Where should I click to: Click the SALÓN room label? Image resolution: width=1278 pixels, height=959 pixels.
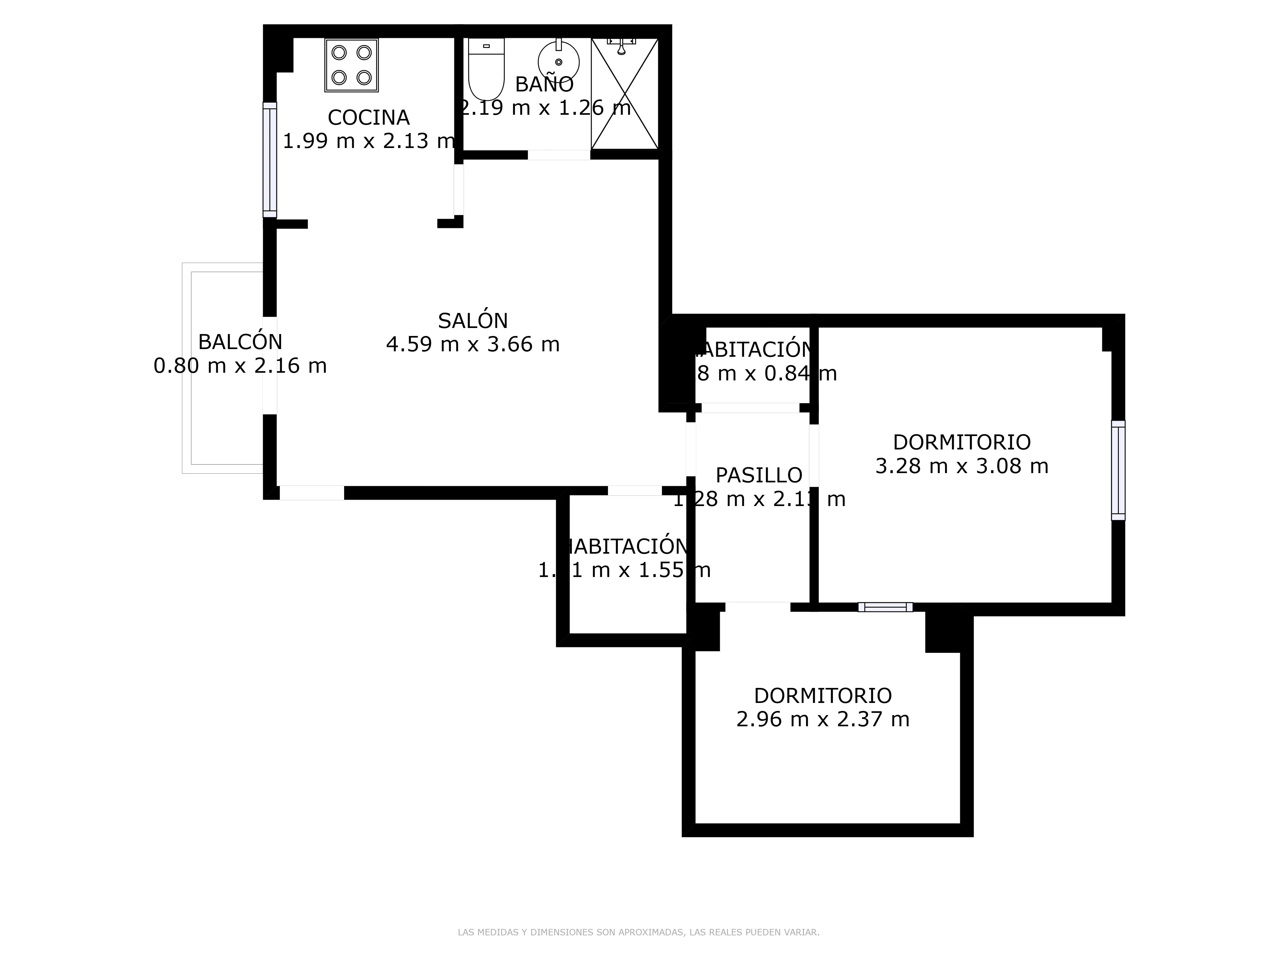tap(473, 321)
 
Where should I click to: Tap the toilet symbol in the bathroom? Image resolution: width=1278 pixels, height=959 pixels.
tap(486, 69)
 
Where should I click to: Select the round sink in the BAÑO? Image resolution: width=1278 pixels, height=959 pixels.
tap(558, 62)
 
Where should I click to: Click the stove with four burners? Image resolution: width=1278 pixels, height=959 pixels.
tap(351, 65)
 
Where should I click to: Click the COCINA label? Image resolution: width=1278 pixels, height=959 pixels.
tap(369, 118)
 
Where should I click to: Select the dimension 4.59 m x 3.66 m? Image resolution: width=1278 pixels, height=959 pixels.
tap(473, 345)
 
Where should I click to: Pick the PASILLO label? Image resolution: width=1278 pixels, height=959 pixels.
tap(758, 475)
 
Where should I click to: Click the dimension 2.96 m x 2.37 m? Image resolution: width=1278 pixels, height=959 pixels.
tap(823, 719)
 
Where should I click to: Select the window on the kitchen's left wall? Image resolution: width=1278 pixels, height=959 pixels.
tap(270, 160)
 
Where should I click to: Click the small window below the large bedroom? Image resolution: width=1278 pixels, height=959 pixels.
tap(885, 607)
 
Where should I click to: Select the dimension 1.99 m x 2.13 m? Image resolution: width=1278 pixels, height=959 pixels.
tap(369, 141)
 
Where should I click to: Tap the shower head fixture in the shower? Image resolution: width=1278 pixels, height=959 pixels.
tap(621, 46)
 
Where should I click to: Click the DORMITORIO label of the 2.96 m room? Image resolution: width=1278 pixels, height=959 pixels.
tap(823, 695)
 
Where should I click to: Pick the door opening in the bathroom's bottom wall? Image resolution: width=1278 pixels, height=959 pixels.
tap(559, 155)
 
